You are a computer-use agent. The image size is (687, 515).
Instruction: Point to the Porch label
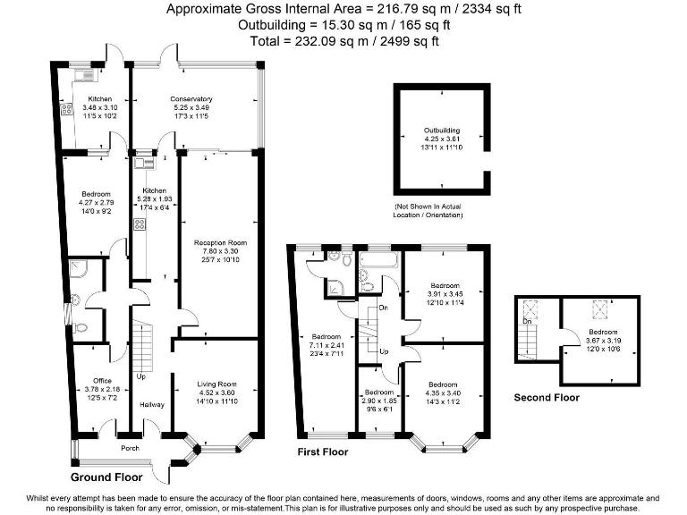tap(131, 448)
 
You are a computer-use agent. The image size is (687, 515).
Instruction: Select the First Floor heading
tap(323, 452)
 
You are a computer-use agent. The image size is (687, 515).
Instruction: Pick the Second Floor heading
tap(546, 398)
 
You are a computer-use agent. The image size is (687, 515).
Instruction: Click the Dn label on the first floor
tap(382, 308)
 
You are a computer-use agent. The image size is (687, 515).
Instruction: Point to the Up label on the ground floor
tap(140, 376)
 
